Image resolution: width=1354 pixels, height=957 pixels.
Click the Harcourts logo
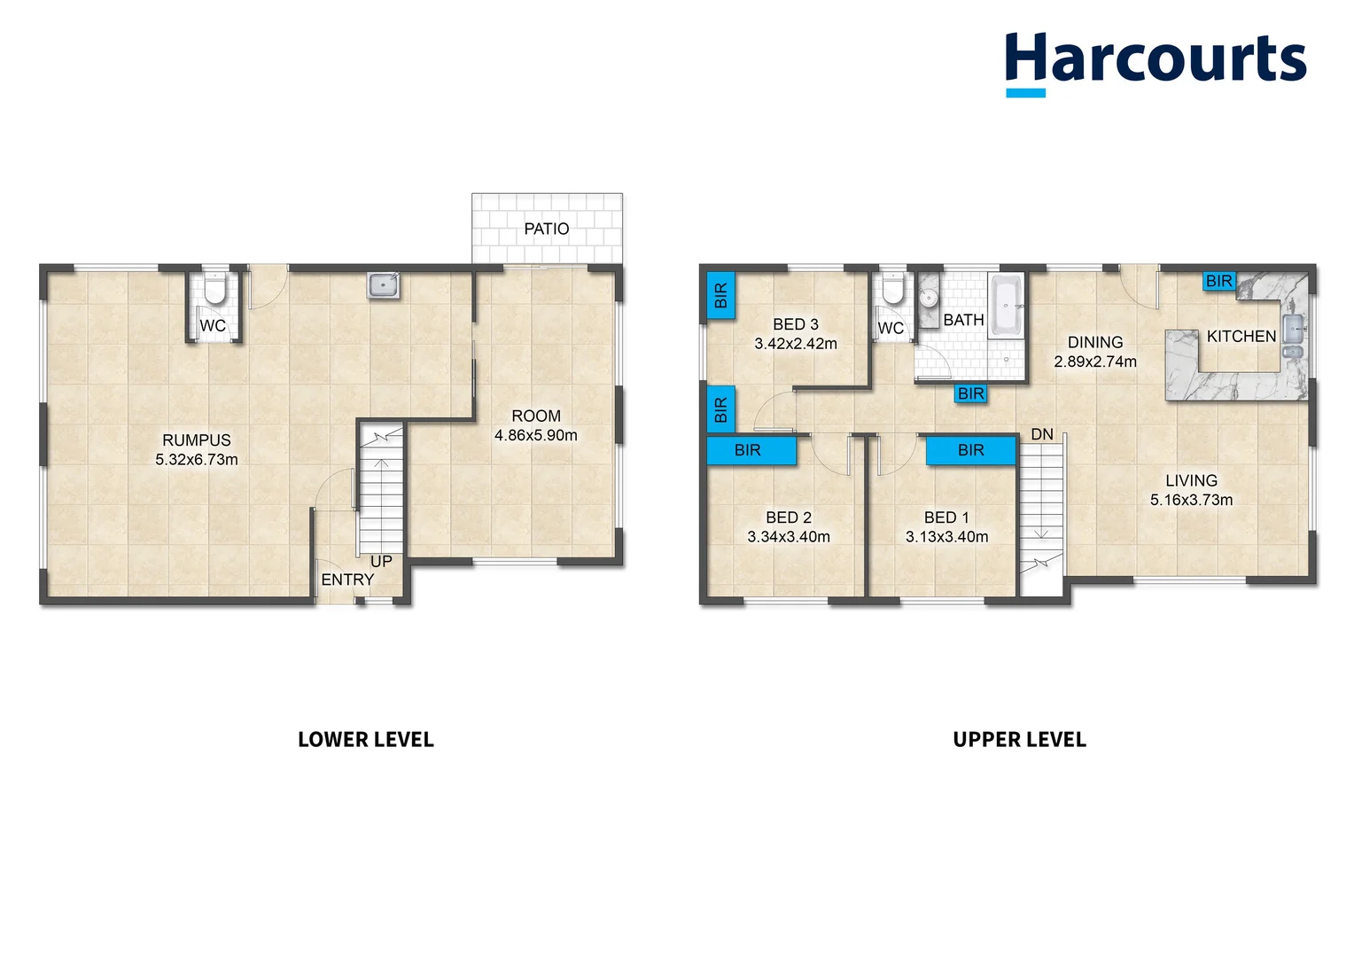click(1155, 62)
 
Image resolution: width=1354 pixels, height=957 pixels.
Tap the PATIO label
click(546, 229)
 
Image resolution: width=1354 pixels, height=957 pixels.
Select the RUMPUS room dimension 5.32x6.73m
click(197, 460)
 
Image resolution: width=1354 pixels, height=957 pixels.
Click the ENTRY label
click(347, 580)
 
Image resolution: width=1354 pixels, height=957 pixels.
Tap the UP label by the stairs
click(381, 562)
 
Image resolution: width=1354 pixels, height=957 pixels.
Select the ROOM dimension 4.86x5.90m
click(535, 435)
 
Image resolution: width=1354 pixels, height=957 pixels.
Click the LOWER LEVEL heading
click(365, 740)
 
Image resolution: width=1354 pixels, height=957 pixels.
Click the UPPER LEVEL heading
click(1019, 740)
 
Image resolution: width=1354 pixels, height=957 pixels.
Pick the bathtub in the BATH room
click(1007, 306)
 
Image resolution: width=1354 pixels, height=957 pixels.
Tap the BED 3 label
click(795, 324)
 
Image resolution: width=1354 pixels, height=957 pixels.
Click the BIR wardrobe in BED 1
click(970, 450)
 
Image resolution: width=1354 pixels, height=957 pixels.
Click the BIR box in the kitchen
click(1218, 281)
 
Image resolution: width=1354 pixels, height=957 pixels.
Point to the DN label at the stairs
click(1042, 434)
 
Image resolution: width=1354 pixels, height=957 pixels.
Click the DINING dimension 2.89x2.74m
click(1094, 362)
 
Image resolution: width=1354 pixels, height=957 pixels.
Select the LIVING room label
click(1191, 480)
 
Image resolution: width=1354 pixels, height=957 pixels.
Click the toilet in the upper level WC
click(892, 289)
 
